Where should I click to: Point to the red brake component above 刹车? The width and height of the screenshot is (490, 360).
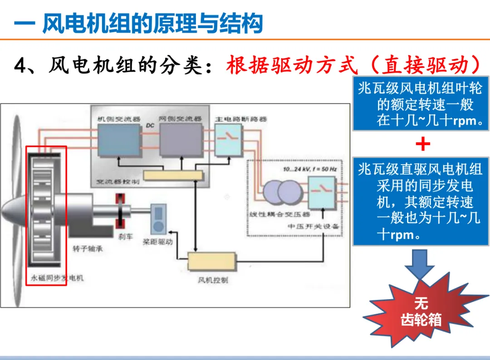click(121, 211)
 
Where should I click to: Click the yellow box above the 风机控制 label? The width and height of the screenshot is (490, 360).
click(212, 262)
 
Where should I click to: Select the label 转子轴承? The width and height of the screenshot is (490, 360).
click(89, 249)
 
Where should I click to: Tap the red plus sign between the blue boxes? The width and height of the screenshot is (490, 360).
click(422, 145)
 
